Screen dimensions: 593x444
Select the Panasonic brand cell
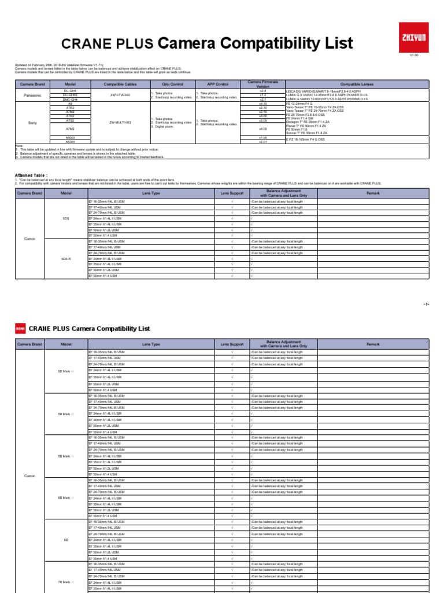pos(32,95)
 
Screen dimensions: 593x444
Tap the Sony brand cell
pos(32,123)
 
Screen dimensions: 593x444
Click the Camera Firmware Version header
pos(262,84)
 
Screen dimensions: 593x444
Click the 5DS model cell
pos(66,218)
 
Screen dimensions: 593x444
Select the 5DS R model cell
pos(66,259)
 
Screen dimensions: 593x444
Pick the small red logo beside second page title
pos(20,328)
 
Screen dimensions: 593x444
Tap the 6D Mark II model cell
pos(66,497)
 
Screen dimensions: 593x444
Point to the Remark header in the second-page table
pos(373,344)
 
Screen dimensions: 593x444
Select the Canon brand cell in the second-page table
pos(29,475)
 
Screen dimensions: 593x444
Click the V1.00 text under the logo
pos(413,55)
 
